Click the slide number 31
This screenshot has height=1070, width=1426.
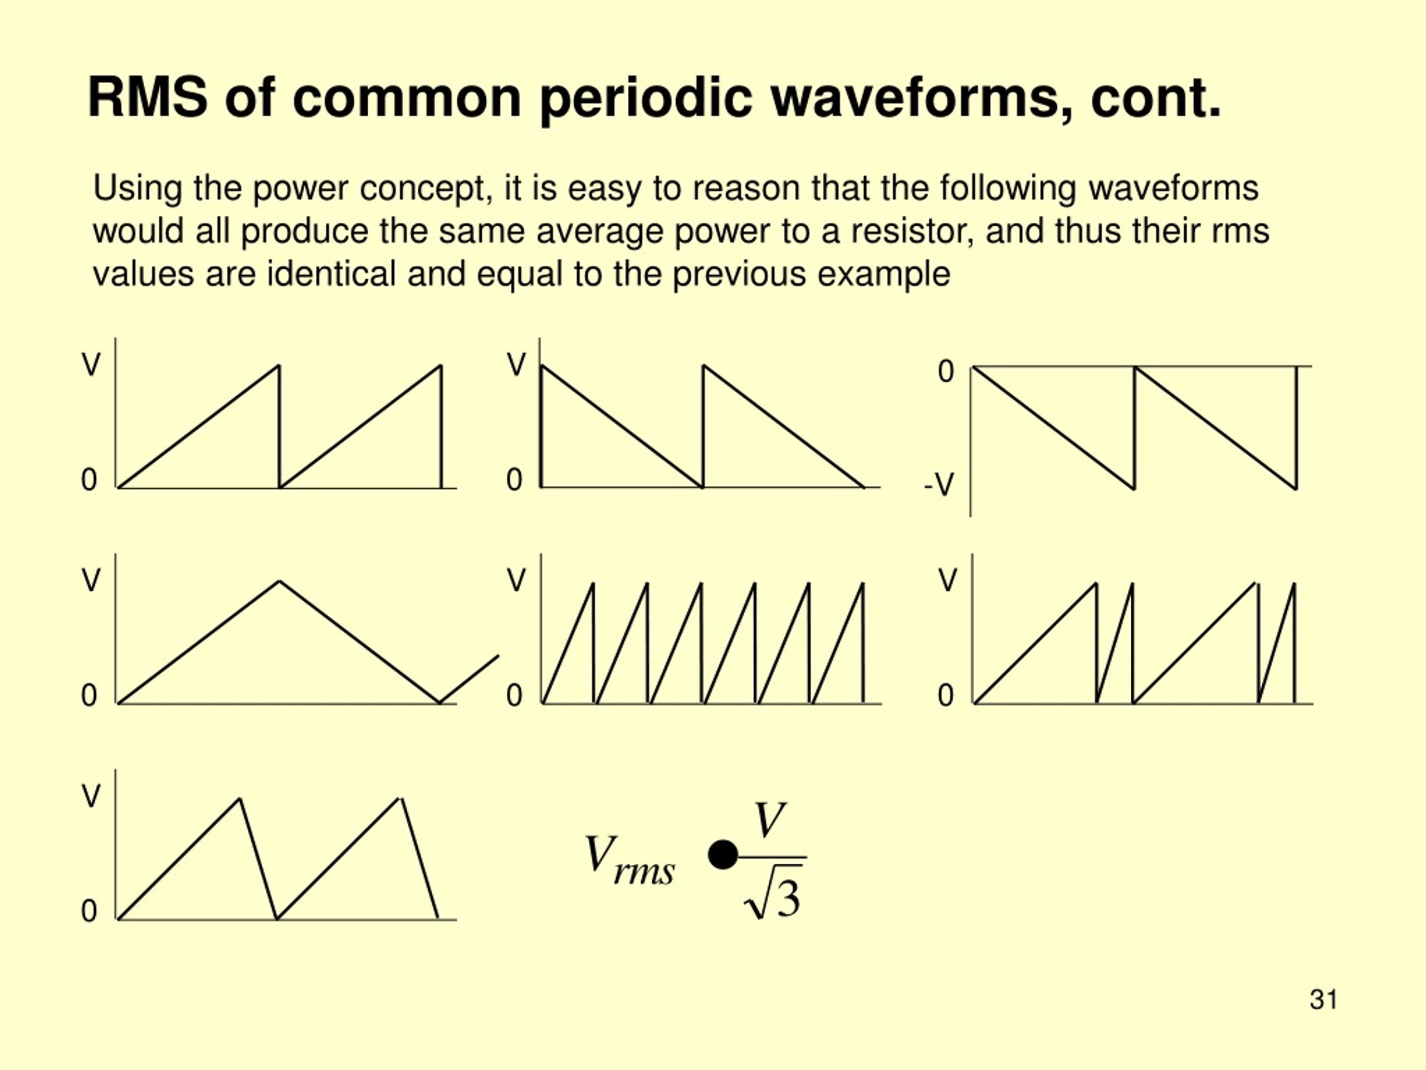tap(1324, 999)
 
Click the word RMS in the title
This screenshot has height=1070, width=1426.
tap(148, 98)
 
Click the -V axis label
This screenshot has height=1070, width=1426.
tap(939, 484)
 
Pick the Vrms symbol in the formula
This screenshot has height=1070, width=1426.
tap(628, 860)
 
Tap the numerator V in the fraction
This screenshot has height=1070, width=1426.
tap(771, 819)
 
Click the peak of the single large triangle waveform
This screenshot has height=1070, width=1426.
tap(279, 581)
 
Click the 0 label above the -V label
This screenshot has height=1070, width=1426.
tap(946, 372)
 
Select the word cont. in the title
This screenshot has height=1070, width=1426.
tap(1156, 98)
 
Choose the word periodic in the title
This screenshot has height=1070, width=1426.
tap(646, 98)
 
